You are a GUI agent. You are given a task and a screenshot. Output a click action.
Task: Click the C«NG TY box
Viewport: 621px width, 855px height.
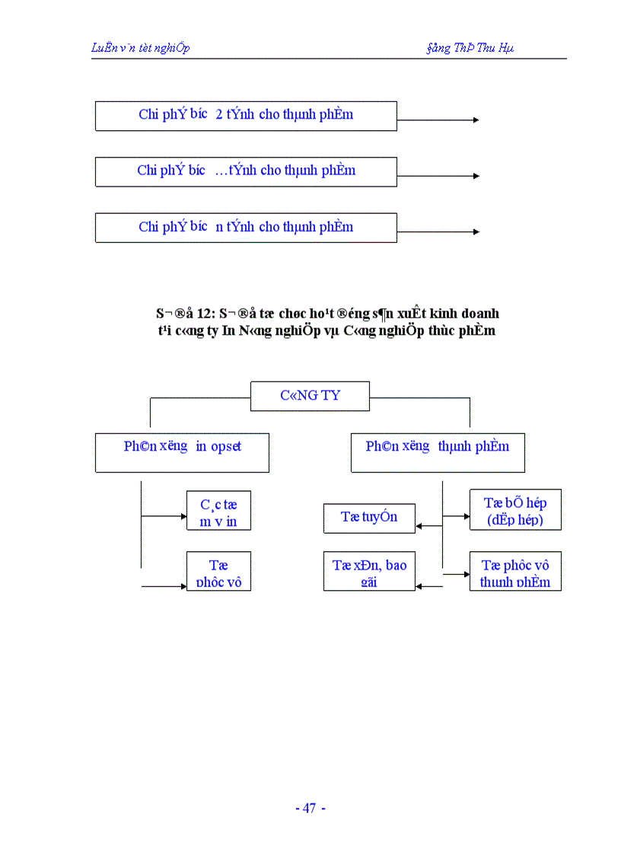pos(310,396)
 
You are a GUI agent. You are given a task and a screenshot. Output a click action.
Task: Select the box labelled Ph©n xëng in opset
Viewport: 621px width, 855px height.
pos(182,452)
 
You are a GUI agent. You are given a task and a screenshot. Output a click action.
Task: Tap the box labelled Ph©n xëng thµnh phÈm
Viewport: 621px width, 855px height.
pos(438,452)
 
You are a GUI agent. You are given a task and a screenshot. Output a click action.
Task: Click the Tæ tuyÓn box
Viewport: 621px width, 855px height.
pos(369,518)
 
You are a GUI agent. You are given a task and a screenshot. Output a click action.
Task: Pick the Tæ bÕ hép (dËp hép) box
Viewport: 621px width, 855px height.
pos(515,510)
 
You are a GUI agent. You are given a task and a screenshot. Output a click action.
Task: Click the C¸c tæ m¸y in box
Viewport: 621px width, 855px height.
pos(218,511)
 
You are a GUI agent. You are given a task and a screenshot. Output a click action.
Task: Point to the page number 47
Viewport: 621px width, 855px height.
pos(309,809)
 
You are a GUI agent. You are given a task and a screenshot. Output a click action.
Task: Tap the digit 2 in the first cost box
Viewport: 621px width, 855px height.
pos(219,115)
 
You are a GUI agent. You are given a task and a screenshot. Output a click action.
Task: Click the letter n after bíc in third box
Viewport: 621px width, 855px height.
pos(219,227)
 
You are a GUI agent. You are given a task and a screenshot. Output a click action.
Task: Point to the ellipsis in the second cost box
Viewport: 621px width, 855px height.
pos(221,171)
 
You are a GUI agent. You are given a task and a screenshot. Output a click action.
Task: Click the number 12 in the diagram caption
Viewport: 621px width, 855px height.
pos(203,314)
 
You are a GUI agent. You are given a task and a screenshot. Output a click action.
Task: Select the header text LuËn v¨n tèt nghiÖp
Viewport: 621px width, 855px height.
pos(141,48)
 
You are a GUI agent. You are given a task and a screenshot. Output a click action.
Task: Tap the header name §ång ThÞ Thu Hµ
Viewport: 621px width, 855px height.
pos(470,48)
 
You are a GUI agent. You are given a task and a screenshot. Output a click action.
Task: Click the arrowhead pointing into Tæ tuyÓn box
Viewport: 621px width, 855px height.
pos(419,525)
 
